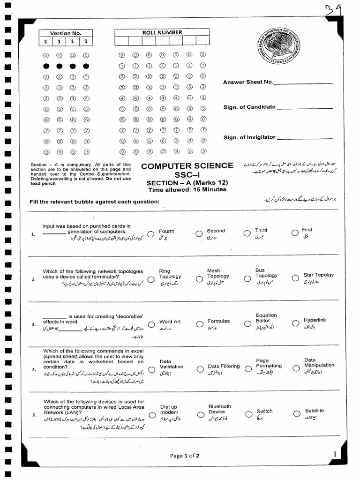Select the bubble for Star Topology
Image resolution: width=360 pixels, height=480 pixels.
pyautogui.click(x=295, y=278)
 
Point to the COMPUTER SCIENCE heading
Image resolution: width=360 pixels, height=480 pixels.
pyautogui.click(x=187, y=166)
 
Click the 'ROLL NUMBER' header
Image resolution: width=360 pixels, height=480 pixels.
pyautogui.click(x=162, y=32)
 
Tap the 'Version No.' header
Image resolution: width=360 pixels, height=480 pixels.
pyautogui.click(x=66, y=33)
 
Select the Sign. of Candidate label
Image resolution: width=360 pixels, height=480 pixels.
pyautogui.click(x=249, y=107)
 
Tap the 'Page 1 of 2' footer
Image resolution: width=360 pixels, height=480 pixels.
pyautogui.click(x=185, y=455)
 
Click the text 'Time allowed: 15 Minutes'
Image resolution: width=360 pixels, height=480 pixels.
pyautogui.click(x=187, y=190)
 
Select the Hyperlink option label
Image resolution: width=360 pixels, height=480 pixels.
pyautogui.click(x=315, y=320)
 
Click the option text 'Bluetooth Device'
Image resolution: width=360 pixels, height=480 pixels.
pyautogui.click(x=219, y=409)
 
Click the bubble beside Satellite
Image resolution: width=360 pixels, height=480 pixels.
pyautogui.click(x=295, y=414)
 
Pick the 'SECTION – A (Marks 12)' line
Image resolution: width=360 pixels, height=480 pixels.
pyautogui.click(x=187, y=183)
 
